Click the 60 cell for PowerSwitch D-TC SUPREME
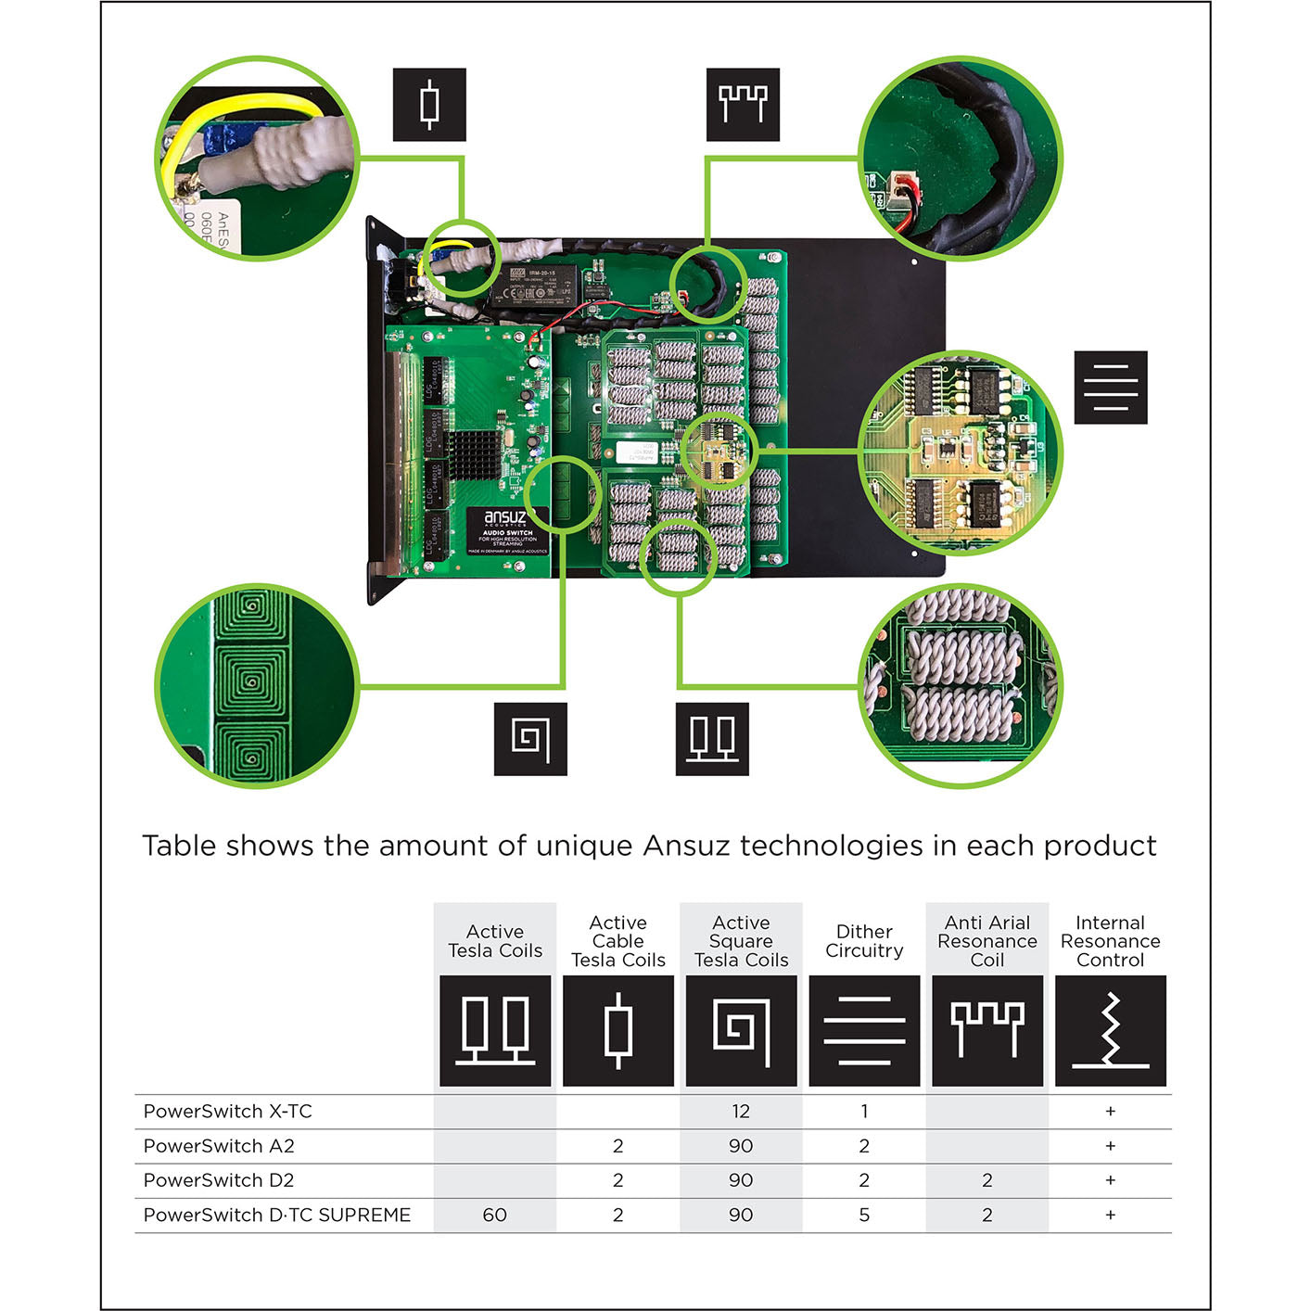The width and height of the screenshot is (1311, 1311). (x=494, y=1215)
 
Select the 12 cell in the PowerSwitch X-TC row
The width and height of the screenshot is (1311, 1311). (x=740, y=1111)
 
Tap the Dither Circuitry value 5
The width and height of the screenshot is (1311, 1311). (x=864, y=1215)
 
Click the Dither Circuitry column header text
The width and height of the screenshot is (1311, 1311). (x=864, y=941)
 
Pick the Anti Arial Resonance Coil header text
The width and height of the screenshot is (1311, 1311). (x=986, y=941)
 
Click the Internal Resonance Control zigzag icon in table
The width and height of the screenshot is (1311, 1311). (x=1110, y=1030)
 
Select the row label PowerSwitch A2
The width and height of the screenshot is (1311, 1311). (x=219, y=1146)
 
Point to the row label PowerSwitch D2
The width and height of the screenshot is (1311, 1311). (x=219, y=1180)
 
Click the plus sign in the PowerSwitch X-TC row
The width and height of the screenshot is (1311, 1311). (x=1110, y=1111)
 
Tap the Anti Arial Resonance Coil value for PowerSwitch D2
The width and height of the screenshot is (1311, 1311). (x=986, y=1180)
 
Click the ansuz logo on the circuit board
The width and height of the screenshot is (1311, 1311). (x=504, y=517)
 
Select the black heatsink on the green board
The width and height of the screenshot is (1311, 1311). (x=475, y=453)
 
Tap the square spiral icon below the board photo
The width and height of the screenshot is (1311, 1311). (x=530, y=739)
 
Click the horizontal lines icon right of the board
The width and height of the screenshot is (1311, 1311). (x=1110, y=388)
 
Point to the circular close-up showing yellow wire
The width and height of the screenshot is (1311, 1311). (x=257, y=159)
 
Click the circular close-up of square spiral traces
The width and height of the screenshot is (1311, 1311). (x=257, y=685)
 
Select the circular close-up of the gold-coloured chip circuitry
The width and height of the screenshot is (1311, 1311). (x=961, y=453)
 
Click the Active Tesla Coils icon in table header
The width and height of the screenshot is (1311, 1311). (x=494, y=1030)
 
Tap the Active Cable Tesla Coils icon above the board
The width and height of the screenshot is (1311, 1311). (x=429, y=105)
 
